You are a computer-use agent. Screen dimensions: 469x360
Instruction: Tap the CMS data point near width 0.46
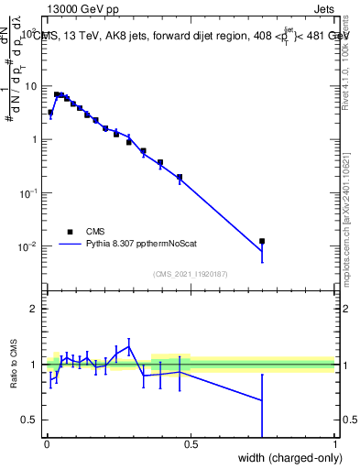tap(180, 177)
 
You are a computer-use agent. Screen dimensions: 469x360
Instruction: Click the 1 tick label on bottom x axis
tap(334, 444)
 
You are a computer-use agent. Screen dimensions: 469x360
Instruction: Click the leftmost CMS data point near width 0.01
tap(50, 112)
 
